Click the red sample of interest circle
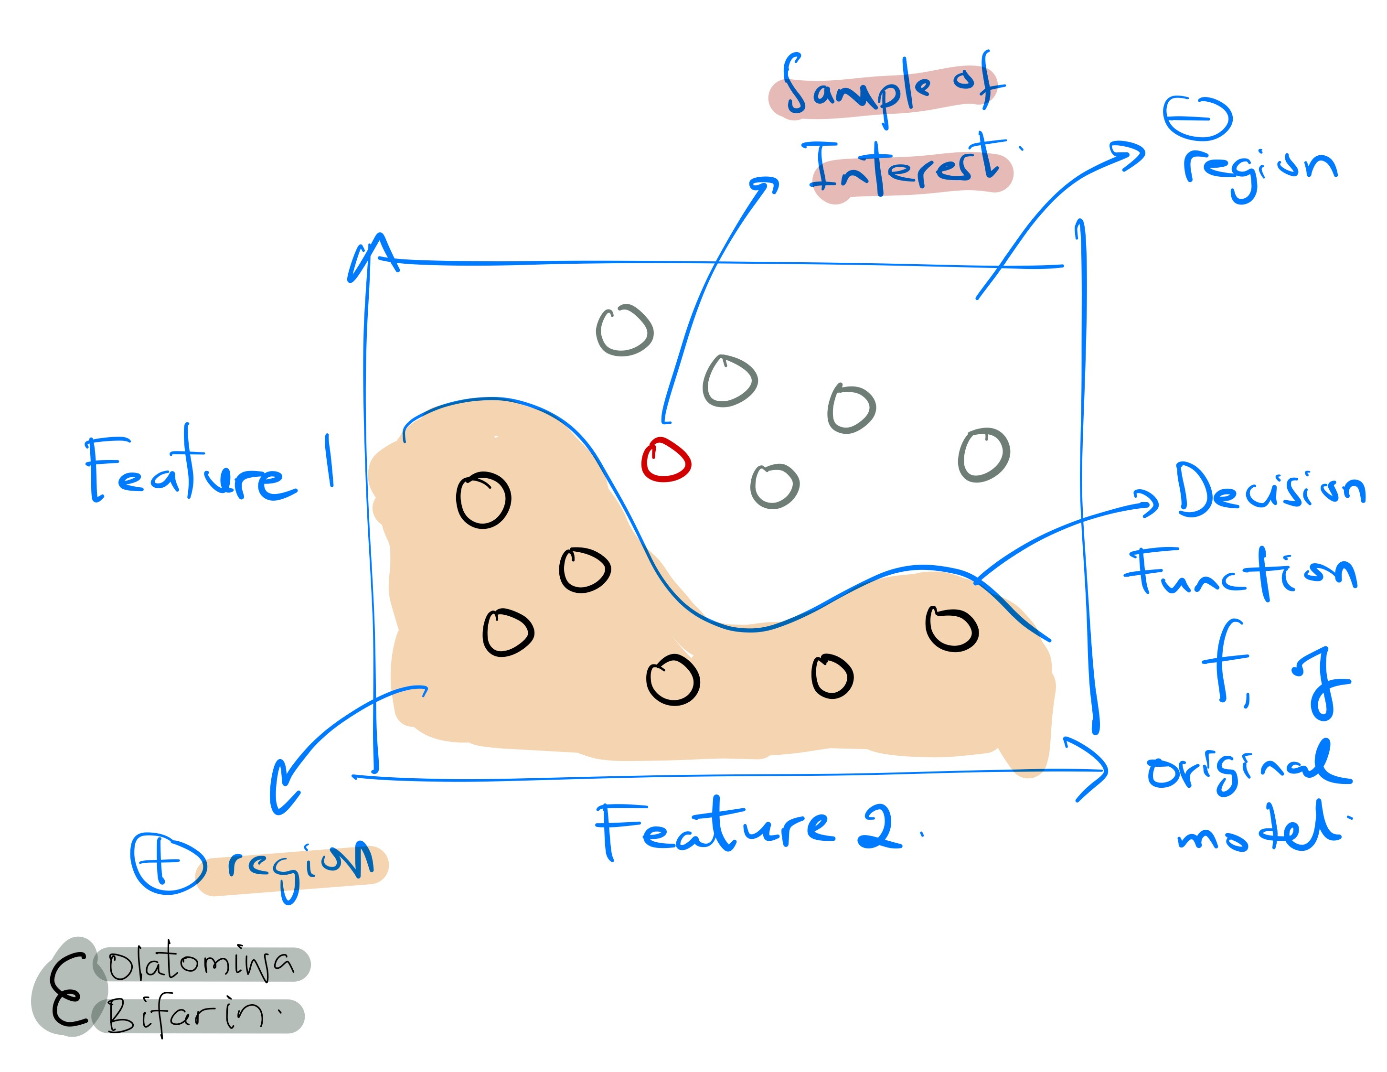point(665,460)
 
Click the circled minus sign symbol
point(1197,118)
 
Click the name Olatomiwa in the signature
point(201,964)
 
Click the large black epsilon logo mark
point(67,991)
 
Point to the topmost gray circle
point(625,330)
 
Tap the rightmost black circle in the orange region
point(951,629)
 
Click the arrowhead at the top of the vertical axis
point(375,251)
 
